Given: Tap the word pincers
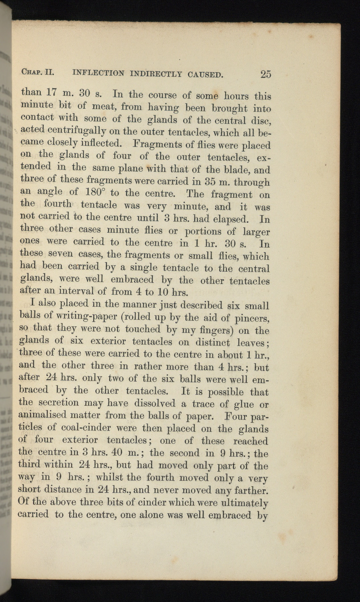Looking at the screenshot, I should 252,318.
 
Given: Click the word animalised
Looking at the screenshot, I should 43,415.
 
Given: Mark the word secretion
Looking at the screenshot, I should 58,403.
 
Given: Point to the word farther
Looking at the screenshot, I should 250,491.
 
